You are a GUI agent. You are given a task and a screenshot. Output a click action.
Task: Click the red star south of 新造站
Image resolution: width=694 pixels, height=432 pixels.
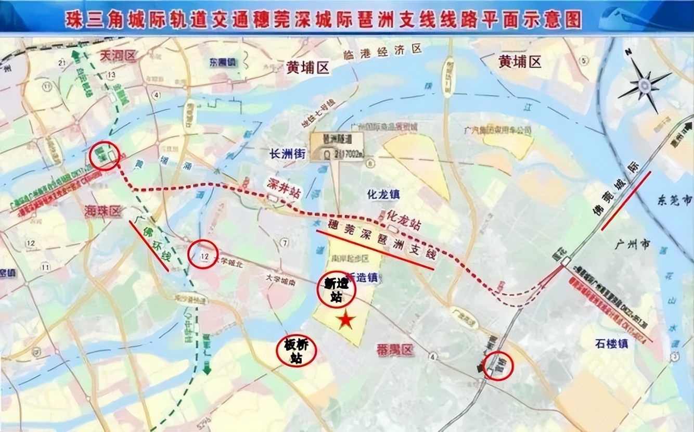coord(346,321)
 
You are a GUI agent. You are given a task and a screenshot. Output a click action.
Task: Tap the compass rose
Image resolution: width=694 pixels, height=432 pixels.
coord(645,84)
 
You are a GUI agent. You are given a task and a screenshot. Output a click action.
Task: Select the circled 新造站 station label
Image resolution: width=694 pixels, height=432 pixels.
coord(336,290)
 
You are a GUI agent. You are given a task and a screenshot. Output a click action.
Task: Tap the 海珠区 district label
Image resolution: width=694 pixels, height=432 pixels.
coord(102,210)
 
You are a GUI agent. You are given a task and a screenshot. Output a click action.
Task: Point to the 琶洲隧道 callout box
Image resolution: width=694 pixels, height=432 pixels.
coord(337,146)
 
